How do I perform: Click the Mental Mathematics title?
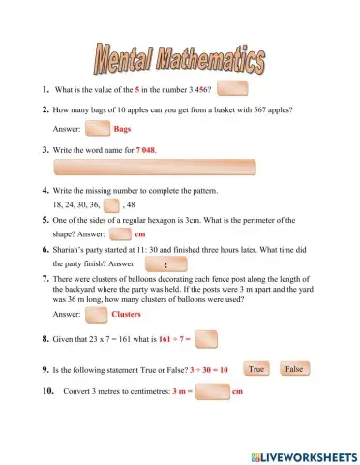179,60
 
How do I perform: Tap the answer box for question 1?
232,89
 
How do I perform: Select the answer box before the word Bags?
98,128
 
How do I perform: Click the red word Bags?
123,128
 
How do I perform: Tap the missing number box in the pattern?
111,205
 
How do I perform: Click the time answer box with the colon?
165,263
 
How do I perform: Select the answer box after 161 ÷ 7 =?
206,339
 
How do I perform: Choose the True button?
255,369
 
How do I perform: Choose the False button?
294,369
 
